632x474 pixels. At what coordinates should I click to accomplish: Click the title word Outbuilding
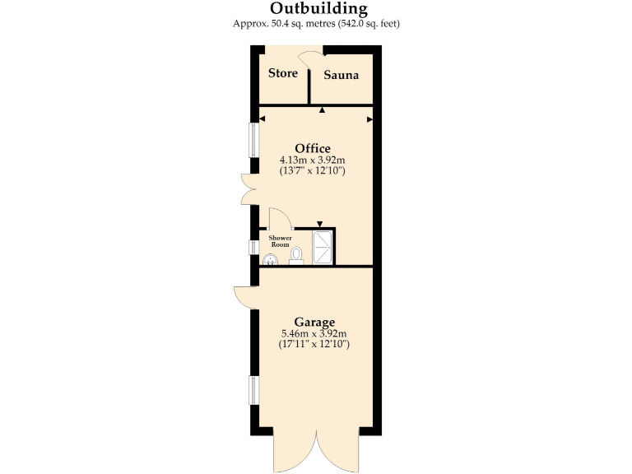coord(317,8)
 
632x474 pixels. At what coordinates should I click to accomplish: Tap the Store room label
coord(283,73)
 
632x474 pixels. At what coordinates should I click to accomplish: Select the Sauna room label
coord(341,76)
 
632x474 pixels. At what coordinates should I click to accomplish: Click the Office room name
coord(313,148)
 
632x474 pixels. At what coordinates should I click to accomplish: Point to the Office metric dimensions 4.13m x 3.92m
coord(313,160)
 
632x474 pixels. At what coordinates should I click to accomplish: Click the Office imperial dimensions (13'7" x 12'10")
coord(313,171)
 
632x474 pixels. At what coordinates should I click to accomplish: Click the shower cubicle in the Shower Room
coord(323,246)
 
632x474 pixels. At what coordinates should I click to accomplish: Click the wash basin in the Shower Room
coord(269,260)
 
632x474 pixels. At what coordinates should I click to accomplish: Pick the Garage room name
coord(315,321)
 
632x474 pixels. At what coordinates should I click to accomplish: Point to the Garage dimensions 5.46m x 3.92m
coord(315,333)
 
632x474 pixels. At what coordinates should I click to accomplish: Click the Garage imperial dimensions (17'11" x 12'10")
coord(315,344)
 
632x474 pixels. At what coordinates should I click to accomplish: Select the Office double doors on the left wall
coord(248,189)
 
